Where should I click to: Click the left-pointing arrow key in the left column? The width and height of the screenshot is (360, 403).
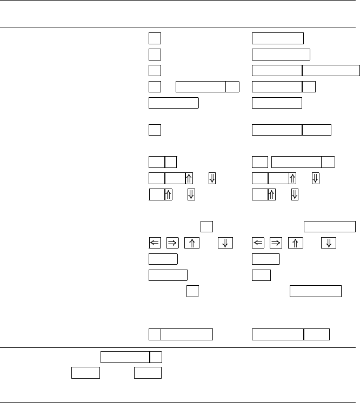155,243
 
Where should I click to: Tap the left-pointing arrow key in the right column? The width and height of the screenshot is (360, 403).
258,243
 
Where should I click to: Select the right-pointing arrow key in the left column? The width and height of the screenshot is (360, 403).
173,243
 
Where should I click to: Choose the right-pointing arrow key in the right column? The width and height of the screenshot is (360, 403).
277,243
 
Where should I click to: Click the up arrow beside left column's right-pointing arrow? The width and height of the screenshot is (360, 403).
191,243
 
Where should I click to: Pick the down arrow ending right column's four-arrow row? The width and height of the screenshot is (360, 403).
328,243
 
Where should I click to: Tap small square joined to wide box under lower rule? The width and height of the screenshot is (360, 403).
156,357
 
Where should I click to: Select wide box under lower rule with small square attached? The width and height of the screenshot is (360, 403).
125,357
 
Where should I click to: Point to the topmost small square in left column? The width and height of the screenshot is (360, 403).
155,38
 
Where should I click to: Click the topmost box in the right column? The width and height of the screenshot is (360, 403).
277,38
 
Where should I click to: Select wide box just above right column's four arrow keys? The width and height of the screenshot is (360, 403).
330,226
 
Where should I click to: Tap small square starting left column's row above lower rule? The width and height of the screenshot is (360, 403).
155,334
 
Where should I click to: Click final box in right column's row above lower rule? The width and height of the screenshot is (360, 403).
317,334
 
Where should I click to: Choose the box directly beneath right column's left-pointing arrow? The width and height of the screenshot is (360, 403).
265,259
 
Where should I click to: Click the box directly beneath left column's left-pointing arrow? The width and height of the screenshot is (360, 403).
163,259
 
